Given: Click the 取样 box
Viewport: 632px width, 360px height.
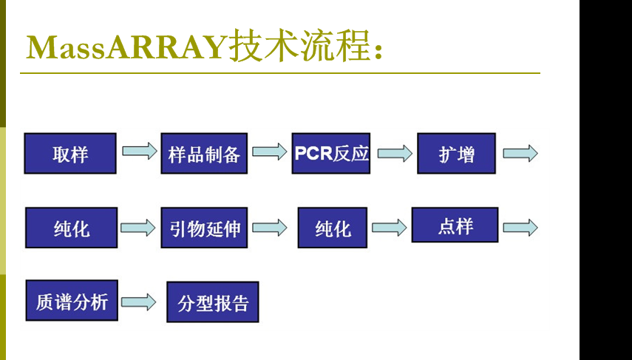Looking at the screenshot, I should coord(70,154).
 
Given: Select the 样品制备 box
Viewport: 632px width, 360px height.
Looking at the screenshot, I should coord(204,154).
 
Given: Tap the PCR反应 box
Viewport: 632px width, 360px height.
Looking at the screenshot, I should coord(330,153).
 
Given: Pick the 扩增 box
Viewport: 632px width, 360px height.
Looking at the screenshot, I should coord(456,154).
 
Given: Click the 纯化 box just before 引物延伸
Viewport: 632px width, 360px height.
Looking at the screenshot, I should coord(72,228).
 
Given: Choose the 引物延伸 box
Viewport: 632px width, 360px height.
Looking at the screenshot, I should coord(204,228).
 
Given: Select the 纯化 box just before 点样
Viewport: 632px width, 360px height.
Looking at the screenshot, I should coord(333,228).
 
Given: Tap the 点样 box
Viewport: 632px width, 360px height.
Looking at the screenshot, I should coord(455,225).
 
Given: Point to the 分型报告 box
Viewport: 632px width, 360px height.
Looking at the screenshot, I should coord(213,302).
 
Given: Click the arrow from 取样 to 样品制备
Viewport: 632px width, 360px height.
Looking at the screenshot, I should coord(139,152).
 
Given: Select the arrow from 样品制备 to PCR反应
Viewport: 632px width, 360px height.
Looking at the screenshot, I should coord(269,152).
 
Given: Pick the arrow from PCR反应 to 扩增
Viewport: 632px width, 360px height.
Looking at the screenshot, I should coord(395,153).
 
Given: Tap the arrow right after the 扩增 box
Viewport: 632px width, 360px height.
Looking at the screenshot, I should coord(520,153).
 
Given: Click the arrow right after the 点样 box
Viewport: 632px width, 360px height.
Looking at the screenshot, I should coord(520,227).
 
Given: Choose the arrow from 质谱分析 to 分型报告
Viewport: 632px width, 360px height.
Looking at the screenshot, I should coord(139,302).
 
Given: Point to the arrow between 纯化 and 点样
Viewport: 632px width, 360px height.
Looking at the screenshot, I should coord(389,227).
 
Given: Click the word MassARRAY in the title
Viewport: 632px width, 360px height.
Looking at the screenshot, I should coord(126,47).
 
